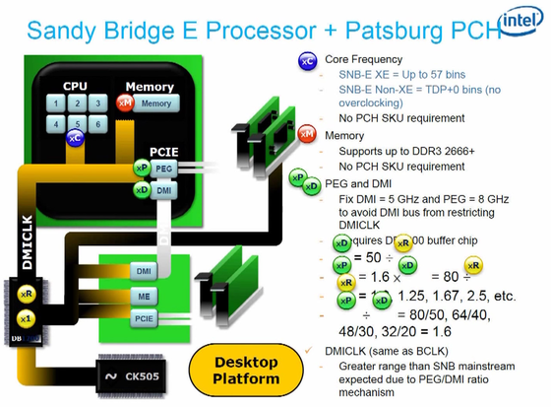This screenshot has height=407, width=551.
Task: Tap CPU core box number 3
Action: tap(99, 102)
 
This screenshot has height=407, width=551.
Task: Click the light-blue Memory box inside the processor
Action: tap(155, 103)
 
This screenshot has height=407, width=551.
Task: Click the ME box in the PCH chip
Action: tap(144, 295)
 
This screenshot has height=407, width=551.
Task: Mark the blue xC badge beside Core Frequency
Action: tap(306, 62)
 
